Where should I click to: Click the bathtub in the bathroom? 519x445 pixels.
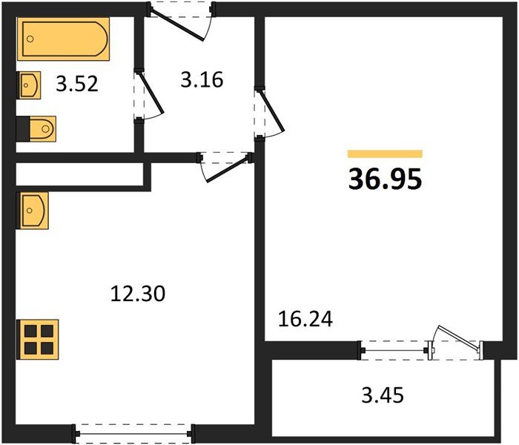[x=63, y=39]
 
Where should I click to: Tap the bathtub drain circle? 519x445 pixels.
[x=30, y=39]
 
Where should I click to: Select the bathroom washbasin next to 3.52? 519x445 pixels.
[x=29, y=85]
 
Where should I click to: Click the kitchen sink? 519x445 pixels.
[x=33, y=211]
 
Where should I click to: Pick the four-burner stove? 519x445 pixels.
[x=38, y=340]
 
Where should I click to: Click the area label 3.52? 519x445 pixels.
[x=77, y=84]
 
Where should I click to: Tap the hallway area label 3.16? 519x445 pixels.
[x=202, y=80]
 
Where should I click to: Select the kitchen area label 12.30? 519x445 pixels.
[x=138, y=294]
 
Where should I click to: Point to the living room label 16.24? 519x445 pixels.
[x=305, y=319]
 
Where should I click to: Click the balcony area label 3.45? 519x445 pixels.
[x=383, y=395]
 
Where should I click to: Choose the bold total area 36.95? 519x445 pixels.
[x=386, y=179]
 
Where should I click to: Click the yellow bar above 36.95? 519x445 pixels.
[x=386, y=154]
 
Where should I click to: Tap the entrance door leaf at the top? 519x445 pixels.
[x=176, y=25]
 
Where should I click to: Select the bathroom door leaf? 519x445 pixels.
[x=151, y=92]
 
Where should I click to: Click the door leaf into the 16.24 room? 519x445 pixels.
[x=272, y=109]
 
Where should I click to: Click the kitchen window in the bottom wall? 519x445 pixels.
[x=133, y=434]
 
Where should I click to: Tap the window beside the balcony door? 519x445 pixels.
[x=394, y=350]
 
